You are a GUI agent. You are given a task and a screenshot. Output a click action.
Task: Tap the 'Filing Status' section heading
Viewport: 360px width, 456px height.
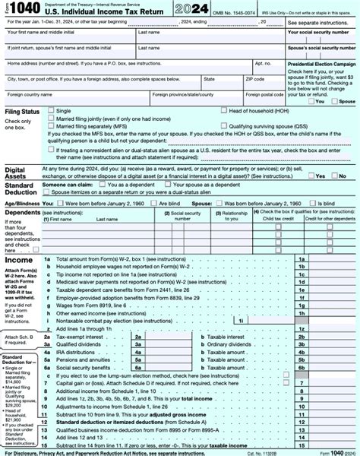[21, 112]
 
